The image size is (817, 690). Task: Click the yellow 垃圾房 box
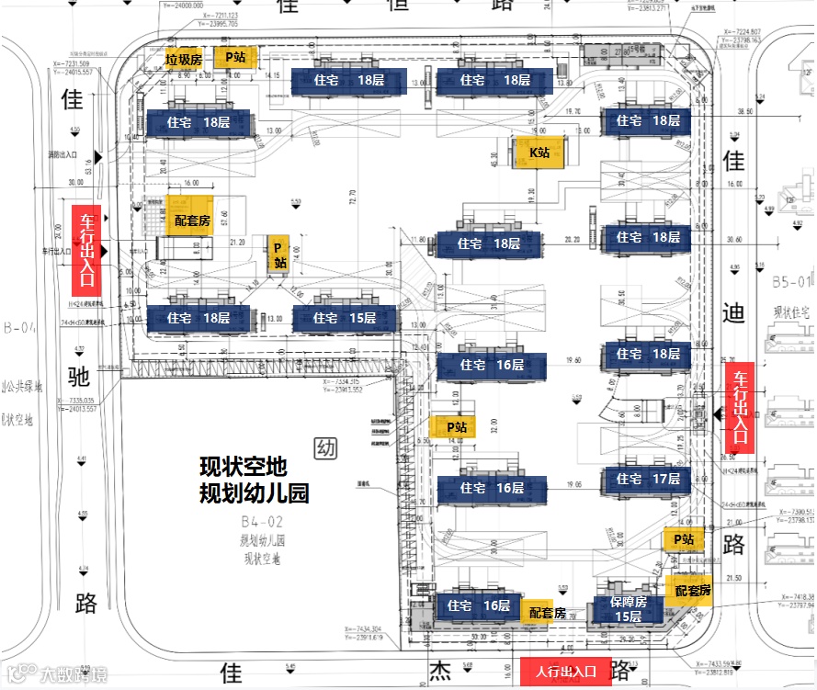point(184,59)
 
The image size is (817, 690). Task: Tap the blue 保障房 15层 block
point(629,608)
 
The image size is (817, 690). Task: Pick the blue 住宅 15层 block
point(345,319)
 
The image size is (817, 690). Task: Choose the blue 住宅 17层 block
point(647,479)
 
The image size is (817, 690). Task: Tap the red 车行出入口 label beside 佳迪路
point(739,408)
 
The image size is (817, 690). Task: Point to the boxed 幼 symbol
point(324,448)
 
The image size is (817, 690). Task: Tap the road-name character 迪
point(733,314)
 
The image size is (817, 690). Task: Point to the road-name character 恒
point(398,6)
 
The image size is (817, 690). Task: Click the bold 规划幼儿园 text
point(255,492)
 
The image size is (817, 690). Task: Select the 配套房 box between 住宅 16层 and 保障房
point(546,612)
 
